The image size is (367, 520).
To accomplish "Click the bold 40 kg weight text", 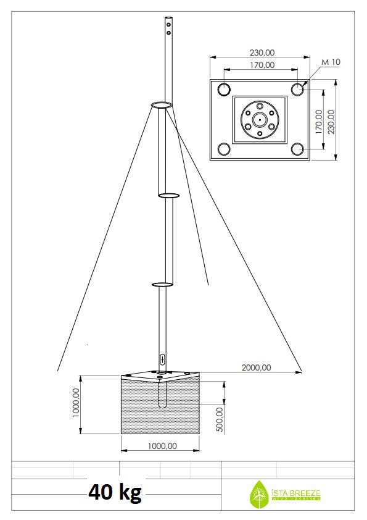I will pyautogui.click(x=115, y=492).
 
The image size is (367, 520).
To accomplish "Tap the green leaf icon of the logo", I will pyautogui.click(x=257, y=494).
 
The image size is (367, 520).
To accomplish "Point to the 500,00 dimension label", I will pyautogui.click(x=220, y=420).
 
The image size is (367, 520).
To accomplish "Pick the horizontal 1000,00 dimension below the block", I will pyautogui.click(x=160, y=445).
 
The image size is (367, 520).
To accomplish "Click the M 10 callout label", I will pyautogui.click(x=331, y=62).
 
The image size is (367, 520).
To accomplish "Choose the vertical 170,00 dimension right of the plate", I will pyautogui.click(x=318, y=122).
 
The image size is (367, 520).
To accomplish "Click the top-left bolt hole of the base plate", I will pyautogui.click(x=224, y=89).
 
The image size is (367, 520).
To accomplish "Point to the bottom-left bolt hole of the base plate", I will pyautogui.click(x=224, y=149).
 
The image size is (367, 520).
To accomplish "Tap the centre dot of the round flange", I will pyautogui.click(x=260, y=119).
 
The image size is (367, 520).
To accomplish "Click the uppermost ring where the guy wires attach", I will pyautogui.click(x=162, y=106).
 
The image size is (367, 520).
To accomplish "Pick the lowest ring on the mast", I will pyautogui.click(x=162, y=285).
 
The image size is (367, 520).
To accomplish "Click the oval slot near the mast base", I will pyautogui.click(x=162, y=359).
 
